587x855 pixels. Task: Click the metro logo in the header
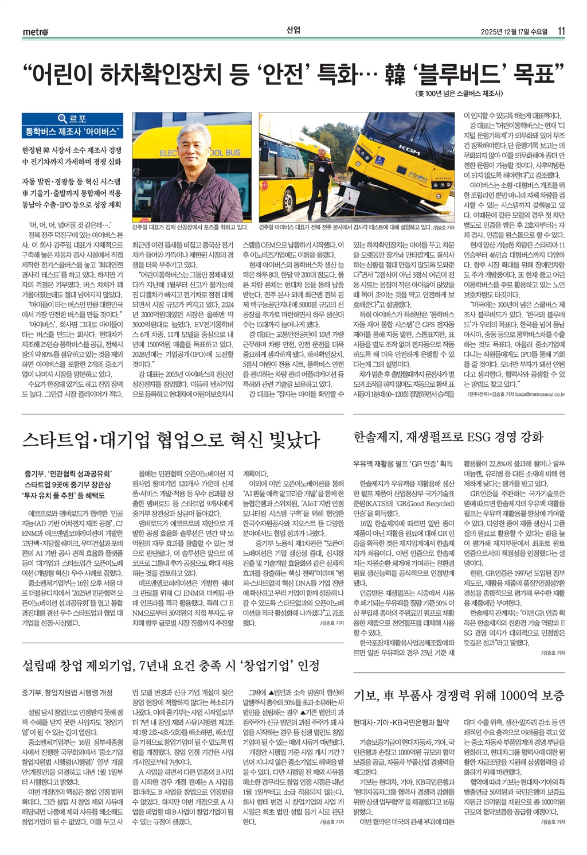[x=36, y=32]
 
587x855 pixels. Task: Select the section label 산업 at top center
[x=293, y=30]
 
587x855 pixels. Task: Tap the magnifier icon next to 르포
[x=62, y=119]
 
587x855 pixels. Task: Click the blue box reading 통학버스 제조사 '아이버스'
[x=72, y=131]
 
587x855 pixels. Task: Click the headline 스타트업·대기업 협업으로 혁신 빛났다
[x=170, y=440]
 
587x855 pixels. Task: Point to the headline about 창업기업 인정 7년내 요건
[x=170, y=666]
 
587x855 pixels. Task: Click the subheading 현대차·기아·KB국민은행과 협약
[x=401, y=722]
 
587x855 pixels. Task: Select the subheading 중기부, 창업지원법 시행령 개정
[x=67, y=693]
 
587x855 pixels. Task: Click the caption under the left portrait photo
[x=190, y=228]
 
